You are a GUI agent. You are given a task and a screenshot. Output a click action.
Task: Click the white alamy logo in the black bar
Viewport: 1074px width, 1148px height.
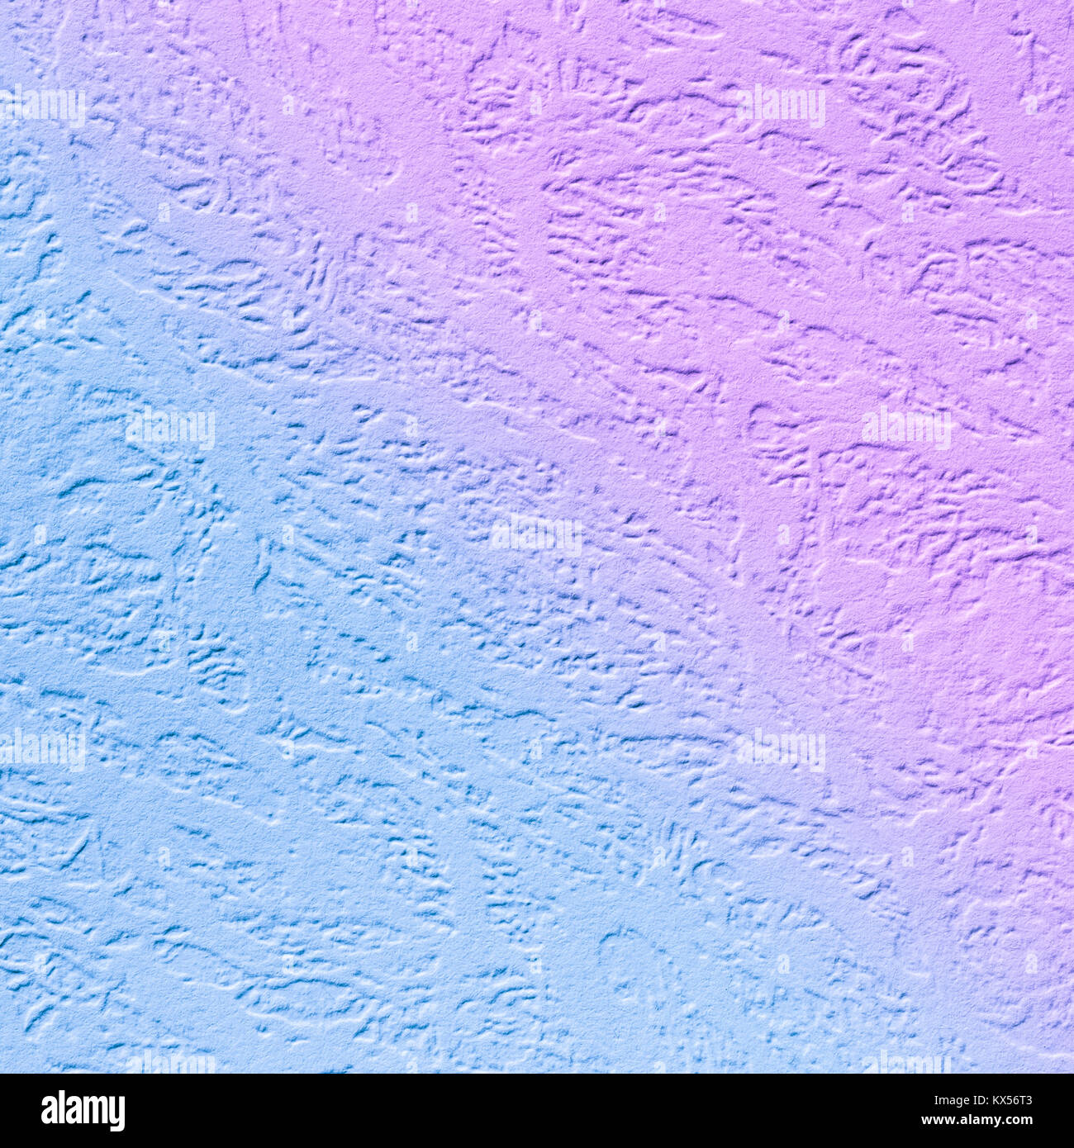[83, 1111]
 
